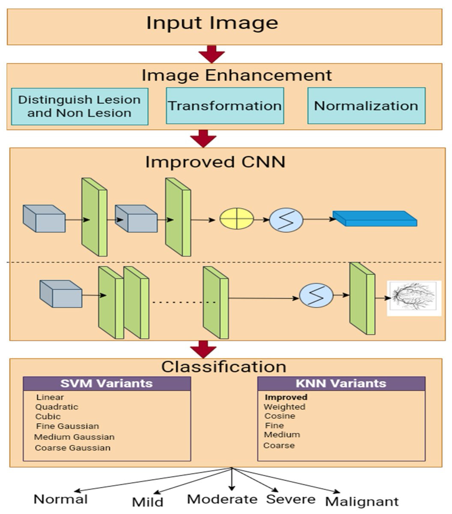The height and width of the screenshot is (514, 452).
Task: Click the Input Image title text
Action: tap(212, 23)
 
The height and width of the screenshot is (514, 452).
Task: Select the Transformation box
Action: tap(225, 106)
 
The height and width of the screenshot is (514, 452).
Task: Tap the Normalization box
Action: tap(366, 106)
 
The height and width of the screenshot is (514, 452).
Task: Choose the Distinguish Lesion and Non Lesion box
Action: tap(80, 106)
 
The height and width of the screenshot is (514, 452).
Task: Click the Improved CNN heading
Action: tap(215, 162)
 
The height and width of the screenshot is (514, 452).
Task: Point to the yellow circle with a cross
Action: tap(237, 219)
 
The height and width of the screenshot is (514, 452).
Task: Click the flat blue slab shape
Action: tap(375, 218)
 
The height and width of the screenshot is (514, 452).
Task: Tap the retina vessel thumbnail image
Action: tap(414, 298)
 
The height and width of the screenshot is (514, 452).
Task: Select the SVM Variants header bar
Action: tap(107, 383)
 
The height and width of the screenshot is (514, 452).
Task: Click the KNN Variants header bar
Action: tap(341, 383)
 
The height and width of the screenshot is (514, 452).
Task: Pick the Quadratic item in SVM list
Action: tap(56, 407)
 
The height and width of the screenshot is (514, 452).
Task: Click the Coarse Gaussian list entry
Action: tap(73, 448)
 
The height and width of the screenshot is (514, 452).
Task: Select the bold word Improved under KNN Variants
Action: tap(286, 397)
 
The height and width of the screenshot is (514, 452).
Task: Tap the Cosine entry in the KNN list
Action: tap(280, 416)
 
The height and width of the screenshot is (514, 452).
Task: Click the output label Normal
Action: tap(60, 499)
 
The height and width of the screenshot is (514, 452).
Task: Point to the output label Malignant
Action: tap(362, 501)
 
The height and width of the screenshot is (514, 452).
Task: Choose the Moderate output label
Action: tap(222, 499)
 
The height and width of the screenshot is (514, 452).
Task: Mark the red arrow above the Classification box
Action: tap(203, 349)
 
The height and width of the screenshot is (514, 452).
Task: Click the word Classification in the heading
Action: tap(223, 367)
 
